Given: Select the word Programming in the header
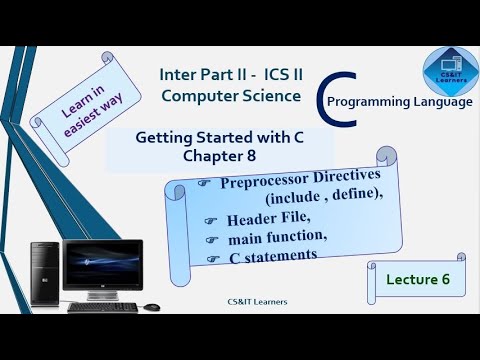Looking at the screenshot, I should [373, 102].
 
